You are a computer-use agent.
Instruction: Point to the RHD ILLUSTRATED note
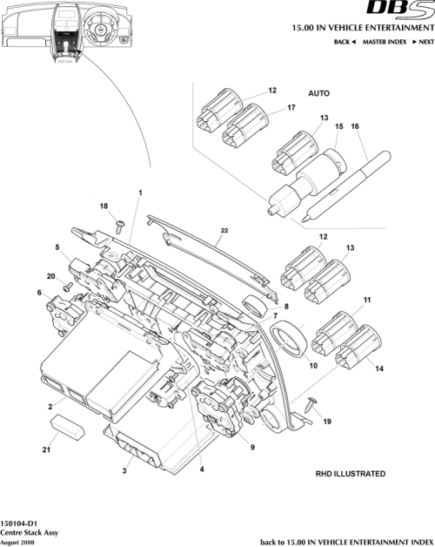click(x=350, y=474)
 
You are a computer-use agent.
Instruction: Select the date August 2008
click(x=17, y=540)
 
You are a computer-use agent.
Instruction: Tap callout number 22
click(x=224, y=230)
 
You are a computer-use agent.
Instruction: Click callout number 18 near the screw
click(x=104, y=206)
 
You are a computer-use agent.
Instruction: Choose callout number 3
click(x=124, y=470)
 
